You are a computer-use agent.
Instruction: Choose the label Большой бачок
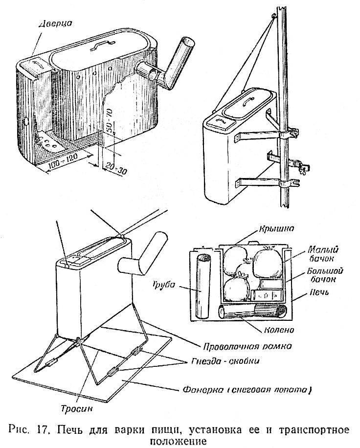[x=322, y=276]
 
